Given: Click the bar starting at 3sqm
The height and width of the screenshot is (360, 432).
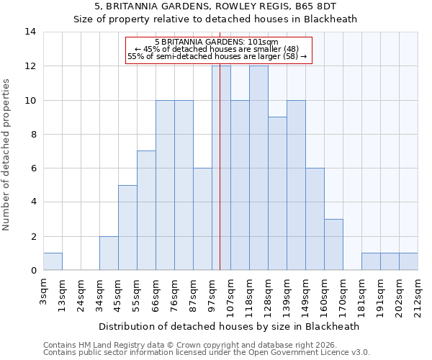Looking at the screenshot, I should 53,262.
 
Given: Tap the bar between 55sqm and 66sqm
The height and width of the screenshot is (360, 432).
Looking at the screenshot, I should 146,211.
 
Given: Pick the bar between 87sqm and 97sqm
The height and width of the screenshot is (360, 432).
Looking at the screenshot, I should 202,220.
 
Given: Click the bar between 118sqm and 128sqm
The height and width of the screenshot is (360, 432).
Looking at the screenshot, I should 258,168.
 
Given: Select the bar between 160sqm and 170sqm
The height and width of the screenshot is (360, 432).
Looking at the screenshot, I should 333,245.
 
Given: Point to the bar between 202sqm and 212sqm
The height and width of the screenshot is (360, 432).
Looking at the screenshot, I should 408,262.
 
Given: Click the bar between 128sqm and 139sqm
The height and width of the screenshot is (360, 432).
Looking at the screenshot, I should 277,194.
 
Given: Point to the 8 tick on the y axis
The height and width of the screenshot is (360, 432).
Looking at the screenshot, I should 32,135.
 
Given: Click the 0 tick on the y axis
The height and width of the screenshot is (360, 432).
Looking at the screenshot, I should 32,271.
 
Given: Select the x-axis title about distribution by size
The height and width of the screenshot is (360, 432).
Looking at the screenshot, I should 228,326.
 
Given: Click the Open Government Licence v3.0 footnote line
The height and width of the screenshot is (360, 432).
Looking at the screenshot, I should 207,353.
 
